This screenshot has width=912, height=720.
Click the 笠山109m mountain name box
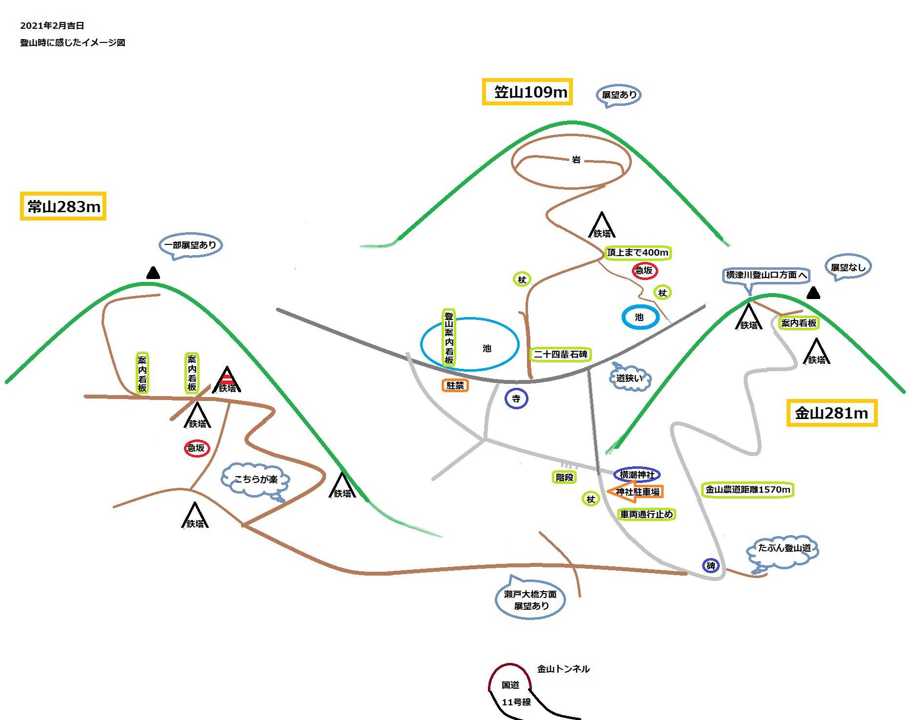coord(527,92)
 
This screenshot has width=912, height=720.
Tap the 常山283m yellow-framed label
coord(63,206)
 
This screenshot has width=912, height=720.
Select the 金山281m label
coord(831,413)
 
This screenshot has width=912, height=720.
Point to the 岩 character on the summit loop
coord(576,160)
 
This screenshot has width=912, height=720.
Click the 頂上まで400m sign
coord(637,253)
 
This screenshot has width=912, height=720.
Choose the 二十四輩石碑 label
coord(560,354)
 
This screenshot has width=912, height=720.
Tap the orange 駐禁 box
coord(455,385)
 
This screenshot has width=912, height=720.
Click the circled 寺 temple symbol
coord(516,399)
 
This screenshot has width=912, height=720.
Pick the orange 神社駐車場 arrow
coord(635,492)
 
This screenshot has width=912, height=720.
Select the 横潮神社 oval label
coord(637,474)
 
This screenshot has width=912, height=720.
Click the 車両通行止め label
coord(646,514)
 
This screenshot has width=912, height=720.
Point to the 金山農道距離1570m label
coord(748,489)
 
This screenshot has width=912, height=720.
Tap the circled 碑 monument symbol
coord(711,565)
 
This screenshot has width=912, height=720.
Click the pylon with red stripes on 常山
coord(227,380)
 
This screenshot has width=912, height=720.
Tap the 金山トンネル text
coord(563,669)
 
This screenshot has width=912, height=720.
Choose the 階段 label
coord(564,477)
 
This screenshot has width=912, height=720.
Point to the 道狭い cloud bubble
coord(629,378)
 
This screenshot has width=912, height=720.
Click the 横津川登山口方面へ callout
coord(765,275)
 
